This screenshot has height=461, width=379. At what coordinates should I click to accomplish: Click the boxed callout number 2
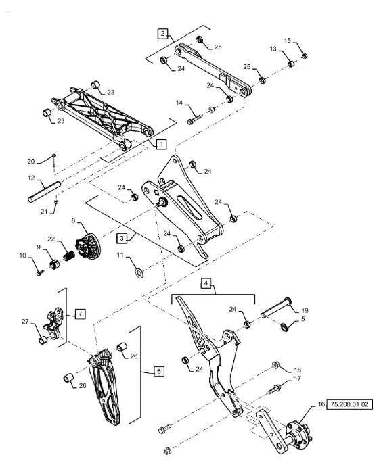tap(162, 34)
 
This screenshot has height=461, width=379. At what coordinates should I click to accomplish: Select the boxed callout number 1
tap(161, 145)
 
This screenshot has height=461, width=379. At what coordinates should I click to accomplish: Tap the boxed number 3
tap(122, 238)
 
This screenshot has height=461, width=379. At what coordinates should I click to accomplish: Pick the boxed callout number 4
tap(206, 283)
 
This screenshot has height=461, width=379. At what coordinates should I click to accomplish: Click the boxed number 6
tap(159, 371)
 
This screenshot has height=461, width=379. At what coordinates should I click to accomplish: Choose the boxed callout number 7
tap(81, 314)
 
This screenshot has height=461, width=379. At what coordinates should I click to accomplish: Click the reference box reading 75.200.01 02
tap(349, 404)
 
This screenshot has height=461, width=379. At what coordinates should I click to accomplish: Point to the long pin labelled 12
tap(44, 192)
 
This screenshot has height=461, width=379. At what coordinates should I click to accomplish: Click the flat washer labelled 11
tap(139, 273)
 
